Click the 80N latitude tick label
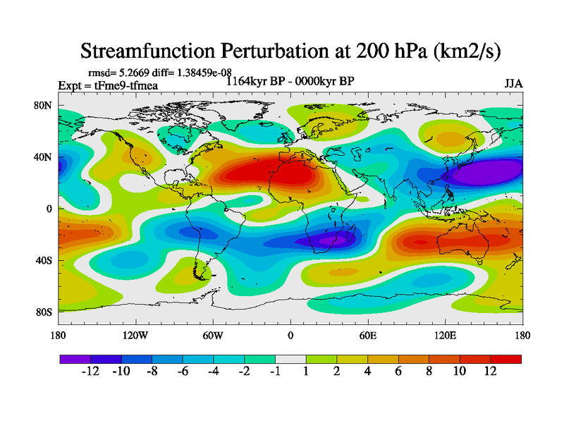point(45,106)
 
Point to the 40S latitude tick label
point(45,260)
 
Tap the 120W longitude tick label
point(135,336)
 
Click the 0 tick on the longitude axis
point(290,336)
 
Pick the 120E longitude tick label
point(445,336)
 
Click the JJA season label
point(513,83)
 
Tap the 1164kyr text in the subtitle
point(245,81)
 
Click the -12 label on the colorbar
point(90,372)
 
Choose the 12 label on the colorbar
point(490,372)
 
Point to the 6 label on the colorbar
point(398,372)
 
